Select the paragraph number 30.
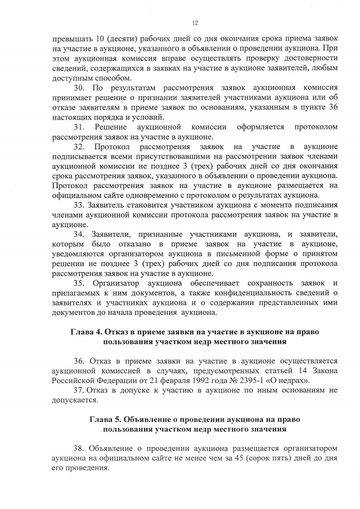[80, 88]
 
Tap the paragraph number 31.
[80, 127]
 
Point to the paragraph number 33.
[79, 205]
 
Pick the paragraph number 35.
[80, 283]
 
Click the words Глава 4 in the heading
[88, 332]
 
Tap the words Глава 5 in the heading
[107, 419]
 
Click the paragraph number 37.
[79, 390]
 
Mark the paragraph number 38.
[79, 448]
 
